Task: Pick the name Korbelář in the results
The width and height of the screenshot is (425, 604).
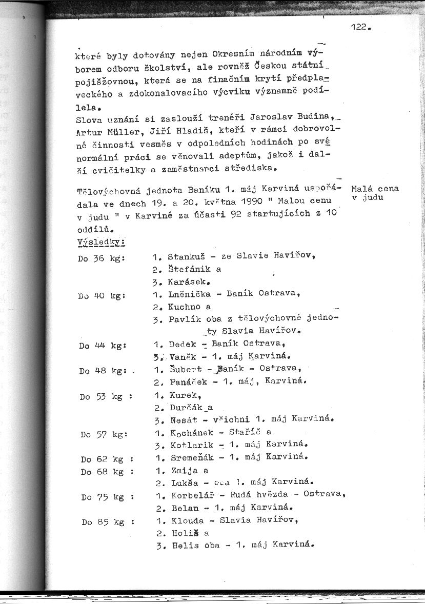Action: (189, 496)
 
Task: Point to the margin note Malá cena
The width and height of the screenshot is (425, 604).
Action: (375, 189)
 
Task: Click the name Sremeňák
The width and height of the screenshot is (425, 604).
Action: (189, 457)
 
